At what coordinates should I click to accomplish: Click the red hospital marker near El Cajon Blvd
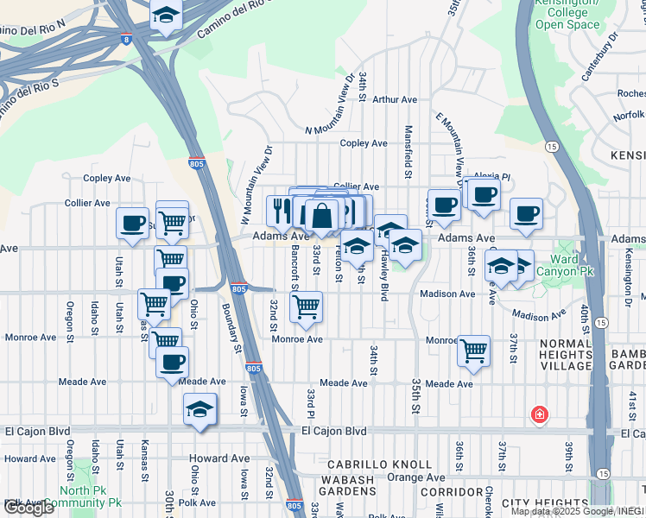pos(540,415)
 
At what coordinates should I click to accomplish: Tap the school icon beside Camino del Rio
pos(166,16)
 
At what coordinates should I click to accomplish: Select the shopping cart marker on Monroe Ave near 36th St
pos(473,351)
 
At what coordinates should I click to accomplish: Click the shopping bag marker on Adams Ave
pos(321,216)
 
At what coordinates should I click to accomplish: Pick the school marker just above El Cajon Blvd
pos(199,408)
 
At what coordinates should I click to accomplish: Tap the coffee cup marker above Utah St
pos(133,224)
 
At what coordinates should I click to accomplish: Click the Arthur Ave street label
pos(395,99)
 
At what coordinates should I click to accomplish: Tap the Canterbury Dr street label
pos(601,58)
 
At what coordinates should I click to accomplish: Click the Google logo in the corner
pos(28,508)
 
